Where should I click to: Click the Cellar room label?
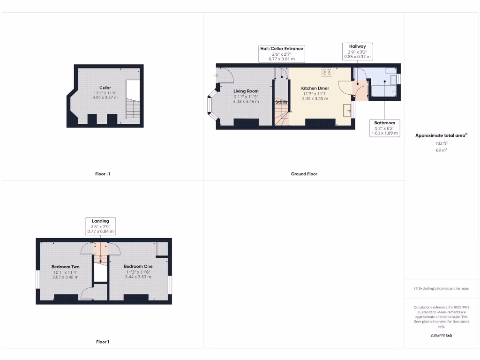pos(105,88)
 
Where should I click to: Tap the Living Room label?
pos(246,91)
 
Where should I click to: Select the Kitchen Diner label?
pos(315,88)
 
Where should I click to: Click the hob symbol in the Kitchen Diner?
pos(327,72)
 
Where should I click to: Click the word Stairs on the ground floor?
pos(281,102)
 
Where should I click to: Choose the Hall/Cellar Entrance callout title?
pos(282,49)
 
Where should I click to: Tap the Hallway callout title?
pos(357,46)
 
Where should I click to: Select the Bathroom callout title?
pos(384,123)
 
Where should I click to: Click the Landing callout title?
pos(100,221)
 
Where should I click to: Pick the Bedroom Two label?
pos(65,267)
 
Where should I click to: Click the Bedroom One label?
pos(138,266)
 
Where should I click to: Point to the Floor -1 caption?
pos(103,174)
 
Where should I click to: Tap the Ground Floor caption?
pos(304,174)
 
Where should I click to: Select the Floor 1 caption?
pos(103,342)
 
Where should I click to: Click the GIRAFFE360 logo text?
pos(442,336)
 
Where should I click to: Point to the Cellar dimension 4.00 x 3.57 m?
pos(105,97)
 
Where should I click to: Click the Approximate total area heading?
pos(441,135)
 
